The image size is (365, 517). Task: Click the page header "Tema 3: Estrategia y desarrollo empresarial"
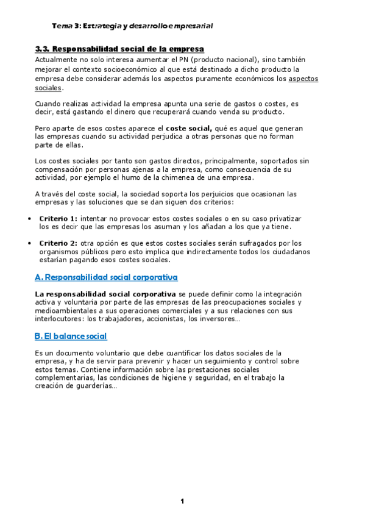(x=132, y=26)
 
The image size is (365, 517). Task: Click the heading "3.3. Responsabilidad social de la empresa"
(x=119, y=49)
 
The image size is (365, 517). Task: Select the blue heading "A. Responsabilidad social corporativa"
(x=107, y=277)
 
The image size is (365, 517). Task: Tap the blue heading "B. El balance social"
(x=71, y=336)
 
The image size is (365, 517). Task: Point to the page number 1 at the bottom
(x=182, y=501)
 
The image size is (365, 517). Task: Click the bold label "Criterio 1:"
(x=58, y=218)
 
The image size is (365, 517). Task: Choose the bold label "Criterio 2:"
(x=58, y=243)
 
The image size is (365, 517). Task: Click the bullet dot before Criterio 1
(x=30, y=218)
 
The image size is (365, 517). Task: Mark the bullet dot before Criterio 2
(x=30, y=243)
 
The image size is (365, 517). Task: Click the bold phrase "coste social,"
(x=189, y=129)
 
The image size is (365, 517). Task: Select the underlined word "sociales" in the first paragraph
(x=48, y=88)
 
